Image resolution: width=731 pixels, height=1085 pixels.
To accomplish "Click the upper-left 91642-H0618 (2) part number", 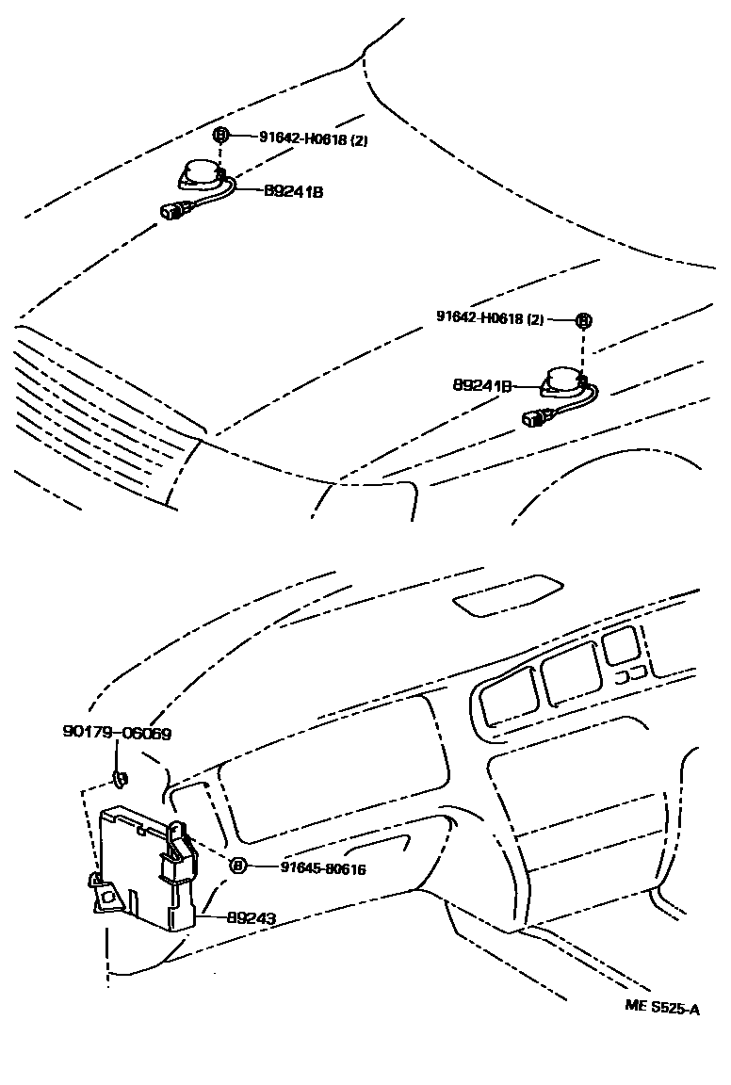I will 314,138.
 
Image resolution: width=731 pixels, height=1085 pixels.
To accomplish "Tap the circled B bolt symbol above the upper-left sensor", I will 221,136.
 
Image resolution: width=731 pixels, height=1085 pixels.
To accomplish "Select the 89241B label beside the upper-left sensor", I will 293,191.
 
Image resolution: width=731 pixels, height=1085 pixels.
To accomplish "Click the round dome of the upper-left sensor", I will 200,172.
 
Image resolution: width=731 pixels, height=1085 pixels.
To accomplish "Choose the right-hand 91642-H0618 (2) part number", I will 490,318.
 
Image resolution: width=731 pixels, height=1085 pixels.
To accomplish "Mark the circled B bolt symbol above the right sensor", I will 583,320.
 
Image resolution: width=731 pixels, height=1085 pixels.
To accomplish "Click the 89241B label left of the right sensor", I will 482,385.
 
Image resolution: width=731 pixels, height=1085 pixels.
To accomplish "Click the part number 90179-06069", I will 118,733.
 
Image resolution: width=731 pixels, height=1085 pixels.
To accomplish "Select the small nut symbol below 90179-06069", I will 120,778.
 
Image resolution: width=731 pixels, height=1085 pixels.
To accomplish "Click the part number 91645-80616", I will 323,867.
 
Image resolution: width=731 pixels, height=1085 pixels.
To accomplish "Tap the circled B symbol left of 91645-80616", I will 237,866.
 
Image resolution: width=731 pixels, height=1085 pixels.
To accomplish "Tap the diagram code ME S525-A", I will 662,1009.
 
